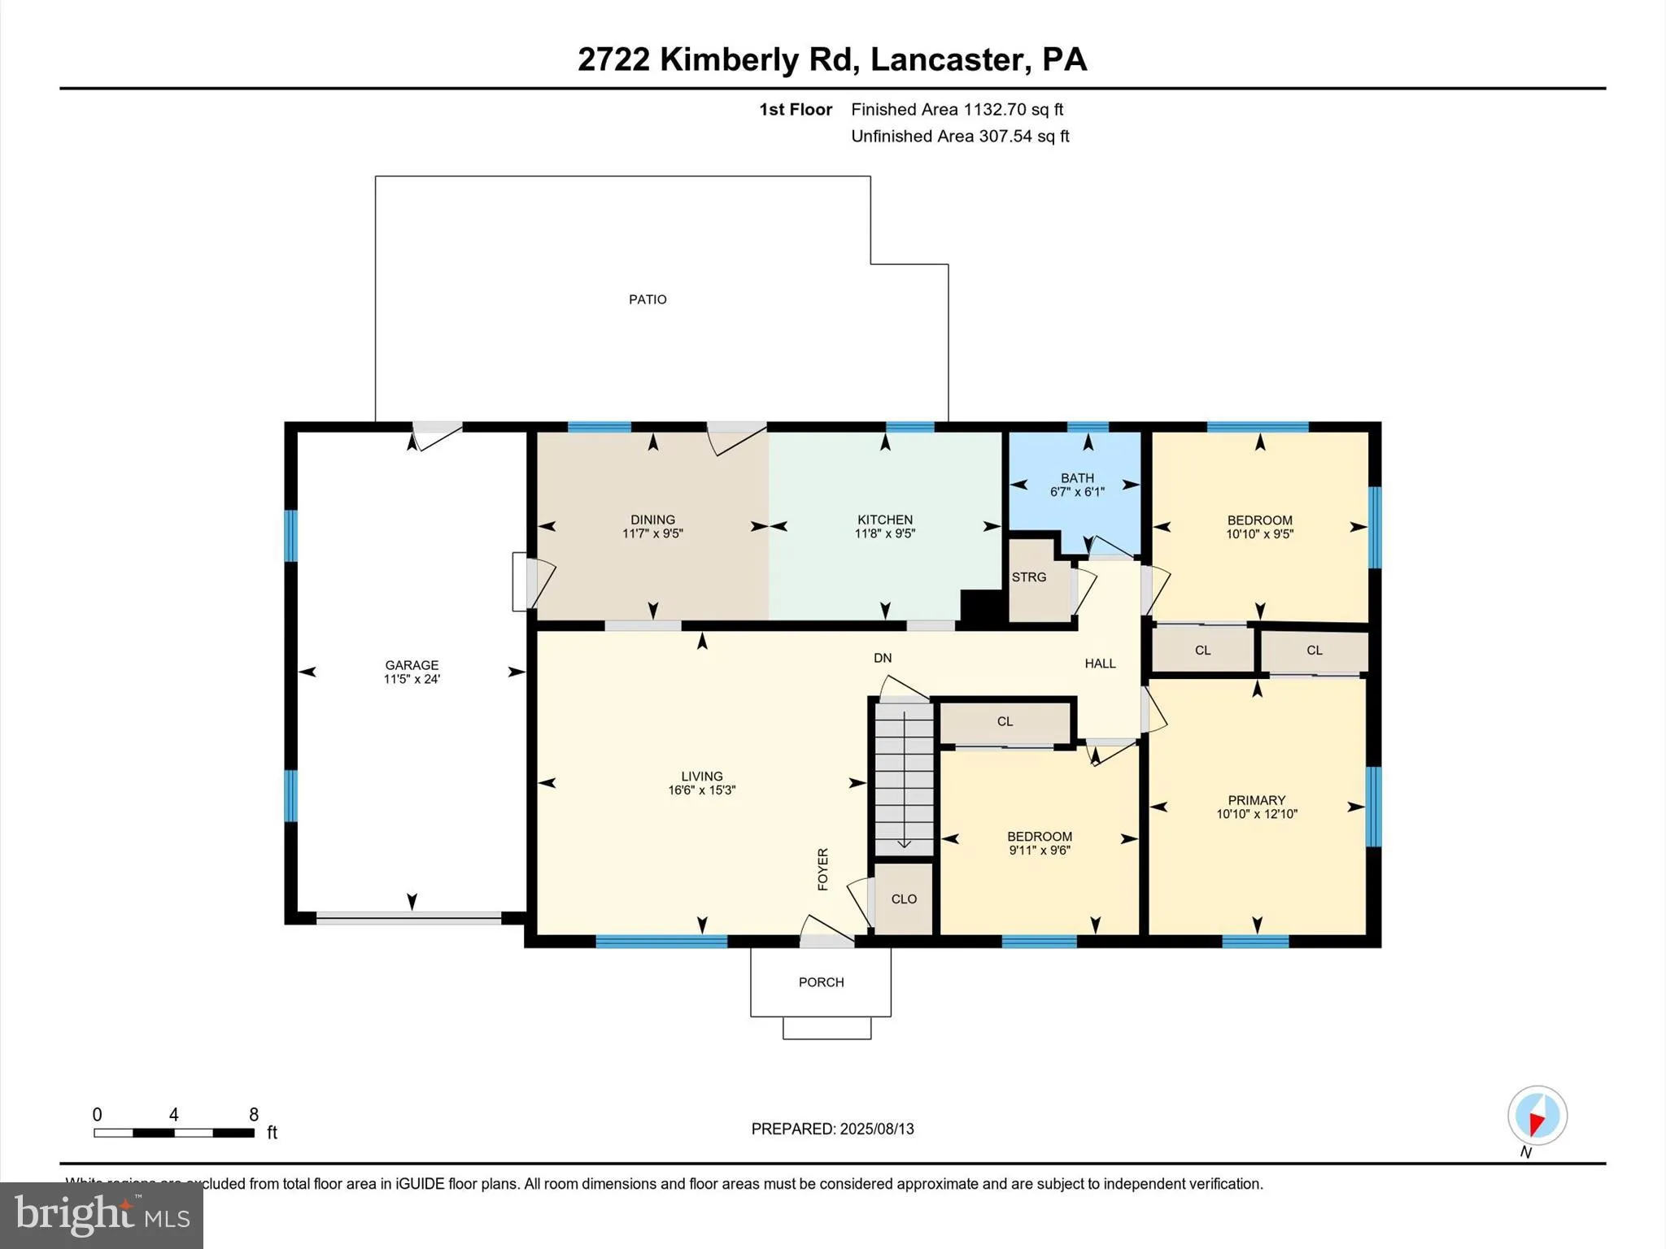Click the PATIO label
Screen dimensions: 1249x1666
(x=648, y=299)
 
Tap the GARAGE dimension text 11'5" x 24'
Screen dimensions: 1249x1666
(x=412, y=679)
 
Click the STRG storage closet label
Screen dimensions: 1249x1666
(x=1029, y=577)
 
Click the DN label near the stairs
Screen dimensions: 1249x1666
(x=883, y=658)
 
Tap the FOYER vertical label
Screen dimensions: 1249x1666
(x=822, y=869)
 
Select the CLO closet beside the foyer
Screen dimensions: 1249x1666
(x=904, y=899)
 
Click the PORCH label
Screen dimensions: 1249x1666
(x=821, y=982)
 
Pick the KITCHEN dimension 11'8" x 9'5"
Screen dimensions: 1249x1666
(x=885, y=534)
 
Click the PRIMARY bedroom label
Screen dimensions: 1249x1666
(x=1257, y=800)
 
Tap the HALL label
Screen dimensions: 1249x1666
(x=1100, y=664)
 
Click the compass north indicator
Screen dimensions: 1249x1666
(x=1537, y=1116)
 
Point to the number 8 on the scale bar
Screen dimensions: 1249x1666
(x=254, y=1115)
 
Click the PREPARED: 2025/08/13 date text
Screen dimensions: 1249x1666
(x=832, y=1129)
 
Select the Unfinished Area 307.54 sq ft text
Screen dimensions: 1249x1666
(x=960, y=137)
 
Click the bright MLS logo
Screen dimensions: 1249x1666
(x=102, y=1215)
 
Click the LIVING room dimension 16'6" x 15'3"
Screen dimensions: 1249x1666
(x=701, y=790)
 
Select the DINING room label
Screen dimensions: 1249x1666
(x=652, y=520)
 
